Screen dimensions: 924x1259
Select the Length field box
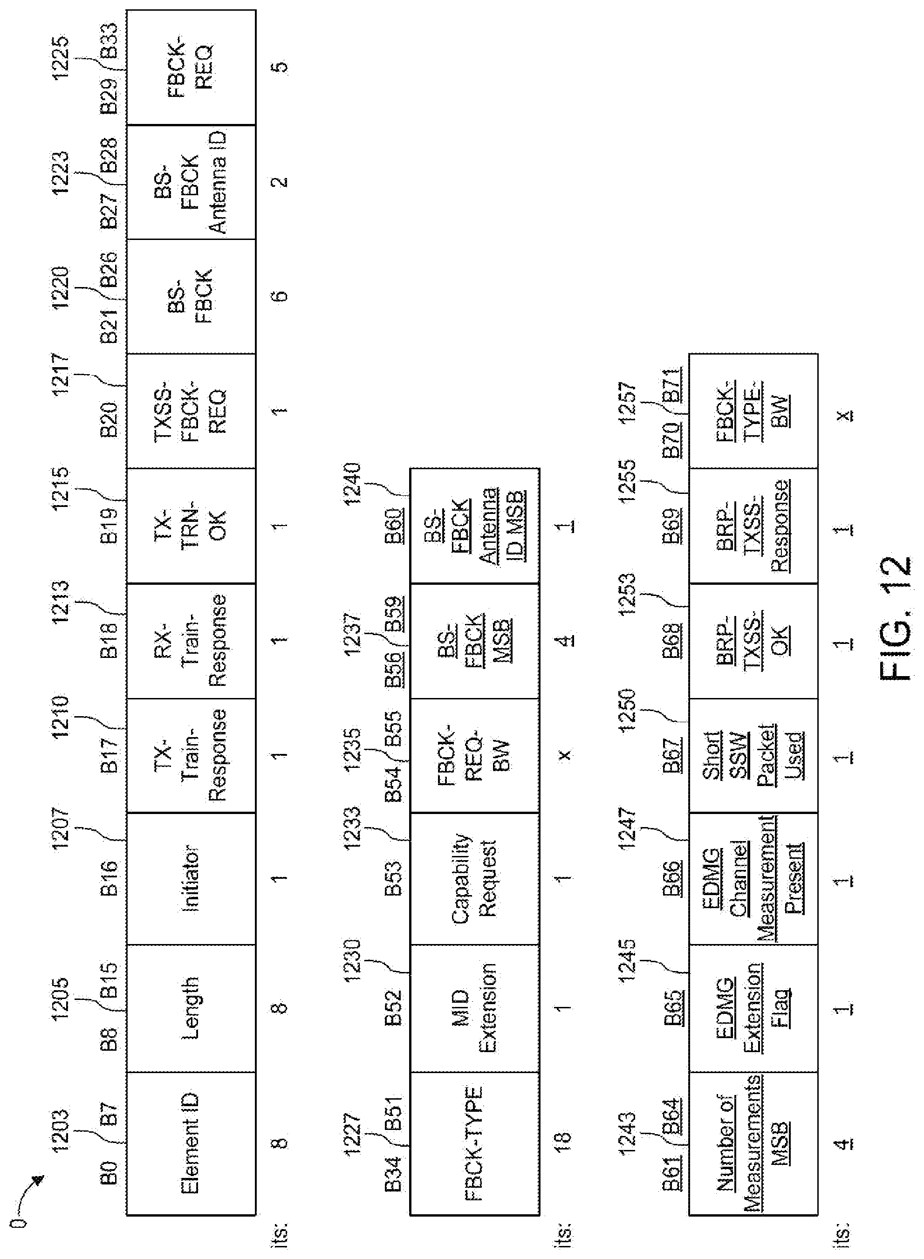pos(191,1008)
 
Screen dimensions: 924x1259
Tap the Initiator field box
pos(191,878)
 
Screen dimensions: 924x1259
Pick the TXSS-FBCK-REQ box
pos(191,411)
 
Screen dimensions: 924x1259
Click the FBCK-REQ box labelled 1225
pos(191,67)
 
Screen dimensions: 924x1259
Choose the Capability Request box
pos(474,878)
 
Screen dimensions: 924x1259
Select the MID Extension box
pos(474,1008)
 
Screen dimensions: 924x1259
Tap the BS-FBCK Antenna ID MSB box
pos(474,526)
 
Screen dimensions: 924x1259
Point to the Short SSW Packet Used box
pos(753,755)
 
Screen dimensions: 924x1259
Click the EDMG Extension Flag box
pos(753,1008)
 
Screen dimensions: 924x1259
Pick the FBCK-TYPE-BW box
pos(753,411)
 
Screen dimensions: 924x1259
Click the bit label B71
pos(672,385)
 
